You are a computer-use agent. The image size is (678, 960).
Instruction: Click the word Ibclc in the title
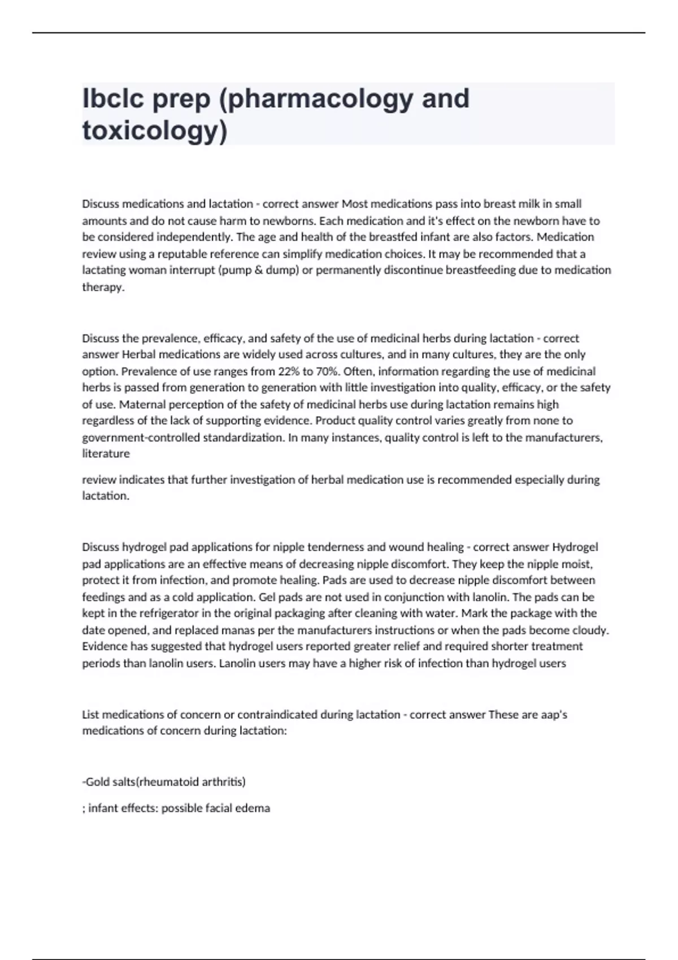114,98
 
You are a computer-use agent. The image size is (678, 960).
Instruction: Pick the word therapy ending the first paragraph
102,287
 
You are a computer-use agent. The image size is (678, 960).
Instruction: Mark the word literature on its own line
106,453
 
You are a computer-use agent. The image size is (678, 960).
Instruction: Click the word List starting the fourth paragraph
90,714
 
